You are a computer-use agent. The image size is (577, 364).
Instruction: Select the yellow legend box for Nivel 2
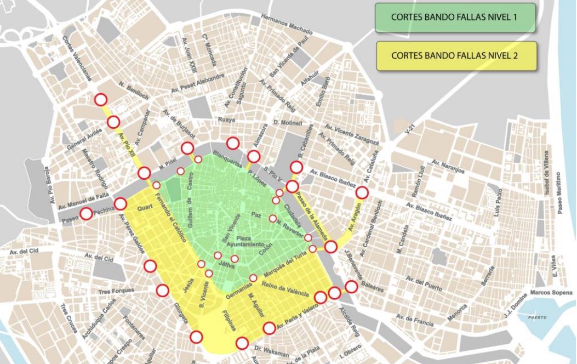point(456,56)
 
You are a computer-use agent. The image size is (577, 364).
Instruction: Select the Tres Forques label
point(116,291)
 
